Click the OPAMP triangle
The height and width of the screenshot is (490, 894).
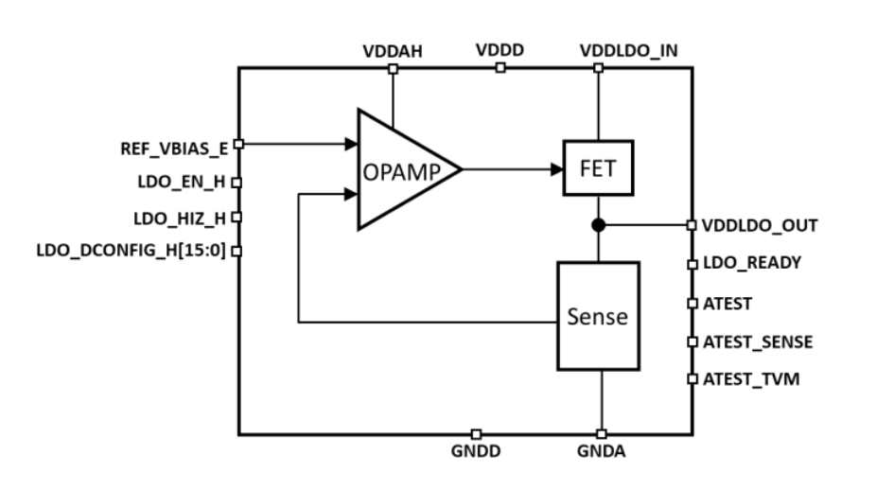402,170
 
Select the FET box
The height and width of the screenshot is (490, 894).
598,169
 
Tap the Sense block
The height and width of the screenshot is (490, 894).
598,316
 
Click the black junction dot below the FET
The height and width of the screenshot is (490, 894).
598,225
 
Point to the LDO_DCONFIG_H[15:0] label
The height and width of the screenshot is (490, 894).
133,252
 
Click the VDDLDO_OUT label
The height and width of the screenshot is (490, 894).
759,226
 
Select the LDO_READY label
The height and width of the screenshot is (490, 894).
751,263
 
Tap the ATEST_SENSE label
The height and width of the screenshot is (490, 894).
757,341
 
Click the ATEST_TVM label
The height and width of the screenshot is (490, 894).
750,379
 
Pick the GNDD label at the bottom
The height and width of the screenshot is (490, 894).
476,452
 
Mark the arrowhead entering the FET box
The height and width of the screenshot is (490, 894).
557,169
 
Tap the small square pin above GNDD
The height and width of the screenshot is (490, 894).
476,434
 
